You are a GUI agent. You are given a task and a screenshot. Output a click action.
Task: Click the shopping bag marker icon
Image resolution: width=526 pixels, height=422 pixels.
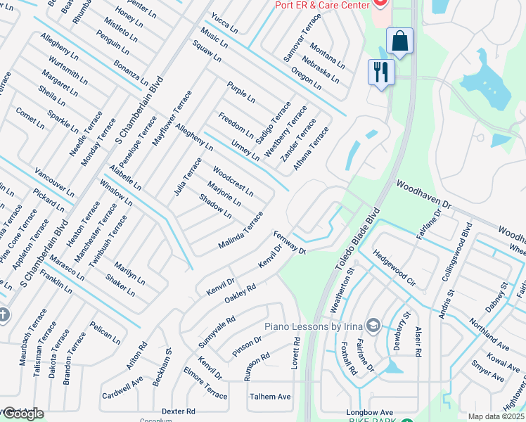click(399, 41)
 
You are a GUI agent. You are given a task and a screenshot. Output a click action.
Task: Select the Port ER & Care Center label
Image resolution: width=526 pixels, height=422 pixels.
click(322, 5)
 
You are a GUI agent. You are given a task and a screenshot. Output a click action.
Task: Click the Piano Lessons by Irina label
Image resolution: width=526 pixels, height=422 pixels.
click(314, 326)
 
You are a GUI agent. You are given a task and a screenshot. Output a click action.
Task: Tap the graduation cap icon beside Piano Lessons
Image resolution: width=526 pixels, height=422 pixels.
click(373, 326)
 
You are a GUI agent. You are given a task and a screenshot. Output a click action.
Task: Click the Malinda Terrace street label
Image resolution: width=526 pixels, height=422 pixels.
click(241, 229)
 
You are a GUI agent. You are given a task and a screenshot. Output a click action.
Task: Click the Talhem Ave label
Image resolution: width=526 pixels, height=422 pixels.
click(270, 397)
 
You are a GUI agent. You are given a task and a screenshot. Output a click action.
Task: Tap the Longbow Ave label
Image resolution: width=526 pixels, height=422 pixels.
click(370, 413)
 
